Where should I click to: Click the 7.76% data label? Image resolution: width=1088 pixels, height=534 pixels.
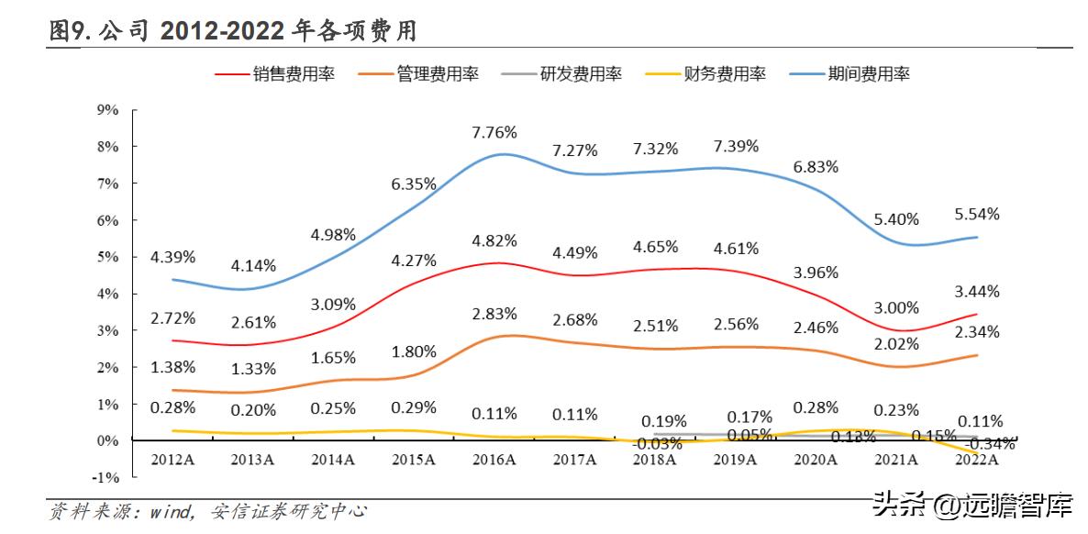(x=494, y=132)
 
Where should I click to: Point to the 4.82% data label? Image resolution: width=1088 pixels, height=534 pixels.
(x=494, y=241)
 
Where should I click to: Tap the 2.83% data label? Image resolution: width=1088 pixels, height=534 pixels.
(x=494, y=315)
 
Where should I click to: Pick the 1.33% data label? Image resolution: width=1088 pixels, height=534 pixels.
(x=253, y=368)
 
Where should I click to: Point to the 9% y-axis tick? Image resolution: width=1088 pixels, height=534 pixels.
(x=107, y=110)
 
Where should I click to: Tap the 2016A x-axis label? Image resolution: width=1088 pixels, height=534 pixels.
(x=494, y=460)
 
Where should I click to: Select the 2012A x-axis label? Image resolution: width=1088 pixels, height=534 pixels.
(x=172, y=460)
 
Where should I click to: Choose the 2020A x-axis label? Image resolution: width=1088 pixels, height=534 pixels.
(x=816, y=460)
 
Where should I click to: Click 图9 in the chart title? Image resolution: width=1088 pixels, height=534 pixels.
(x=69, y=32)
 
